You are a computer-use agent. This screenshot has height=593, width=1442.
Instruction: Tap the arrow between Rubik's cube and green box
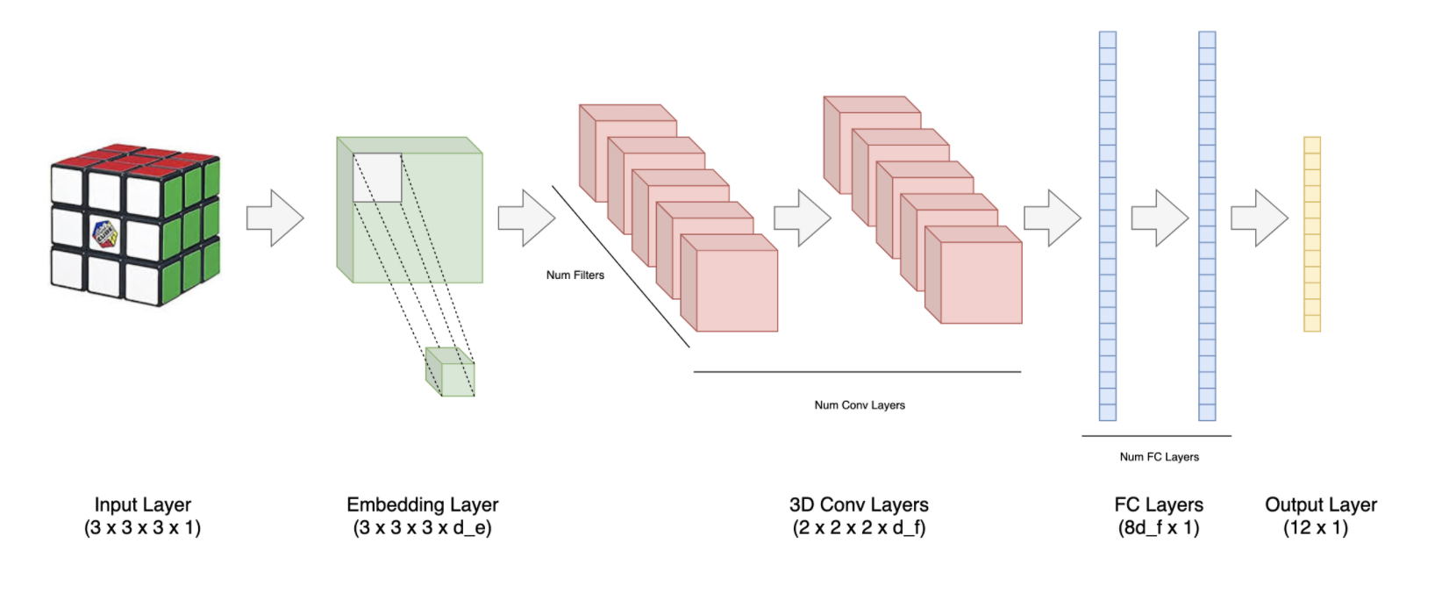(x=275, y=217)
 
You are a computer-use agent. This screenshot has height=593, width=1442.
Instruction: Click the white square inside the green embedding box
(x=377, y=178)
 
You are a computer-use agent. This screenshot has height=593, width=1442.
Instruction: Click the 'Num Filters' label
(x=575, y=275)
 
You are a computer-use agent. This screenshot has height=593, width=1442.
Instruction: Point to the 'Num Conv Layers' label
(x=859, y=404)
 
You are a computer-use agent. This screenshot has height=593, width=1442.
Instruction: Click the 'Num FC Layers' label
(x=1159, y=456)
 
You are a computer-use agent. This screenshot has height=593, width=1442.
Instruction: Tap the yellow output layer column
(x=1311, y=234)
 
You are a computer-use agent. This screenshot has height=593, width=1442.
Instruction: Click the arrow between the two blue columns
(x=1159, y=217)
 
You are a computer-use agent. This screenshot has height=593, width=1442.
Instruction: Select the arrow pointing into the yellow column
(x=1259, y=217)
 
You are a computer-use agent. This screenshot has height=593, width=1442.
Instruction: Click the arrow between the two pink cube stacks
(x=802, y=217)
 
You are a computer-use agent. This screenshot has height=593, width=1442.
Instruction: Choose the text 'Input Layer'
(x=142, y=504)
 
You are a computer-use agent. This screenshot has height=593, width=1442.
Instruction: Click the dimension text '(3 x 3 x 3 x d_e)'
(x=422, y=528)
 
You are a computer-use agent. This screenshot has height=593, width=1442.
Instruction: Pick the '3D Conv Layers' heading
(x=858, y=504)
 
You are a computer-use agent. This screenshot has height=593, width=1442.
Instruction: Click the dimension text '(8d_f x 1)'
(x=1158, y=528)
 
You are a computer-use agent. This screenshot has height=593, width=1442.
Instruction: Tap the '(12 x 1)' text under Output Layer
(x=1315, y=528)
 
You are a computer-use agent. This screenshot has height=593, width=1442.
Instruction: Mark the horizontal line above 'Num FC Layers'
(x=1156, y=436)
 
